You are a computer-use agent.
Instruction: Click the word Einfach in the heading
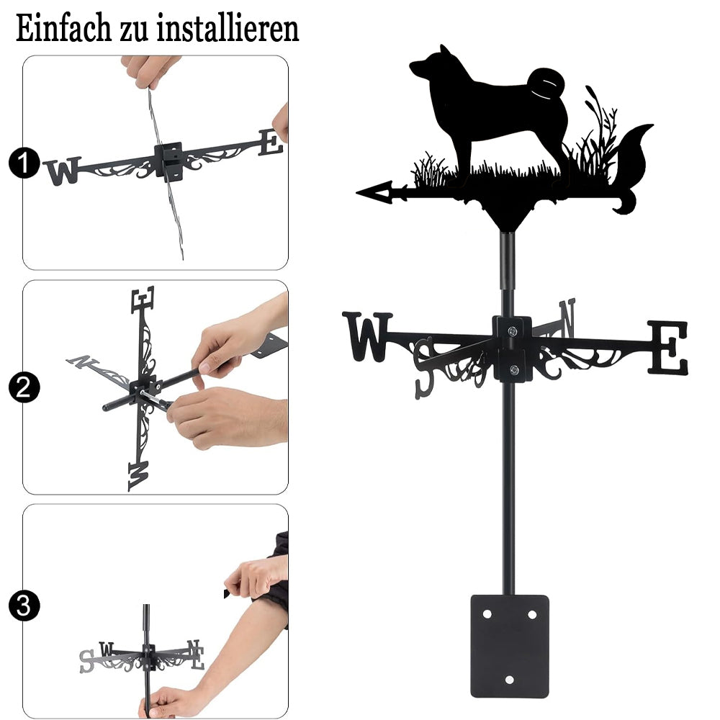pyautogui.click(x=64, y=29)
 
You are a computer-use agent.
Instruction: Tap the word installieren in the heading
pyautogui.click(x=228, y=29)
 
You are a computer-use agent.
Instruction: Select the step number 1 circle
pyautogui.click(x=24, y=163)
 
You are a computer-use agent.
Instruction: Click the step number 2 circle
pyautogui.click(x=24, y=387)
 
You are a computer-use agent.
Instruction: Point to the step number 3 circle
pyautogui.click(x=24, y=606)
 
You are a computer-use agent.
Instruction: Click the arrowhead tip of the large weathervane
pyautogui.click(x=358, y=192)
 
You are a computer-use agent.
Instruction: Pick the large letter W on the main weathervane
pyautogui.click(x=367, y=336)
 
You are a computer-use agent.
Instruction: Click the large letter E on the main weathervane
pyautogui.click(x=668, y=347)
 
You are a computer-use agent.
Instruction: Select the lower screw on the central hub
pyautogui.click(x=514, y=369)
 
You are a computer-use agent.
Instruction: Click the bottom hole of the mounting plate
pyautogui.click(x=509, y=680)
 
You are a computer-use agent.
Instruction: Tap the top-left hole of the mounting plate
pyautogui.click(x=487, y=614)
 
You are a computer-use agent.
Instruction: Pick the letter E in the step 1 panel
pyautogui.click(x=271, y=143)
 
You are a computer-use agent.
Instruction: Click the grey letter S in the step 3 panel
pyautogui.click(x=86, y=662)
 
